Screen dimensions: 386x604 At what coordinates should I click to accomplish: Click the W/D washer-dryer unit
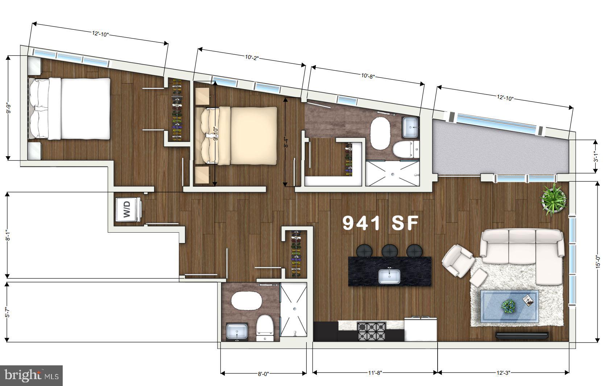(x=127, y=210)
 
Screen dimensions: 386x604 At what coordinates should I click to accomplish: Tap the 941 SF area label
(x=381, y=223)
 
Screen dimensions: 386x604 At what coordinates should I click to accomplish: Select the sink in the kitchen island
(x=389, y=277)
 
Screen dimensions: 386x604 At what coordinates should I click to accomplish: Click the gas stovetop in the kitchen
(x=371, y=331)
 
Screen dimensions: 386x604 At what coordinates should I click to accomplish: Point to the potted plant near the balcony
(x=553, y=200)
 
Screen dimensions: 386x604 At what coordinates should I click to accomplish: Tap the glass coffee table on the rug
(x=509, y=306)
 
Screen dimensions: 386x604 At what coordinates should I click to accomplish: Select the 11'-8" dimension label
(x=375, y=373)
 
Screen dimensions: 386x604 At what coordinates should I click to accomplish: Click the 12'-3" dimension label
(x=503, y=373)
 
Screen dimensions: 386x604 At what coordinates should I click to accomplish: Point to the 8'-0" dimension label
(x=264, y=374)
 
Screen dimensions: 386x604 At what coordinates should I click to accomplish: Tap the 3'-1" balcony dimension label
(x=596, y=157)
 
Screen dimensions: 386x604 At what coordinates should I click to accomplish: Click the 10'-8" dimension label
(x=368, y=76)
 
